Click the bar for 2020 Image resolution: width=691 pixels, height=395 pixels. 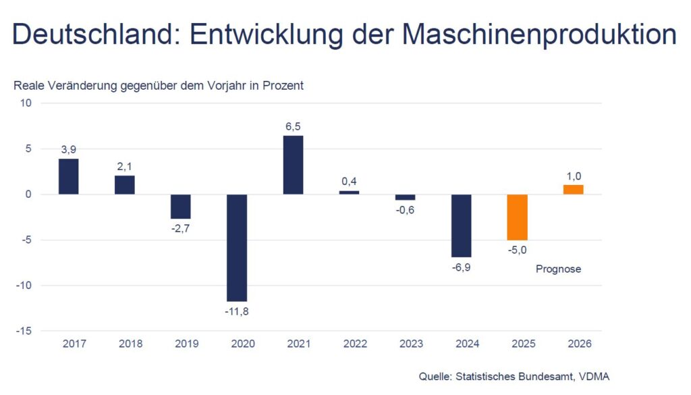(237, 247)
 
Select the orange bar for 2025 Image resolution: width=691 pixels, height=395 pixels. (518, 217)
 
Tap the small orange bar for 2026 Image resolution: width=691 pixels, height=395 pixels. (574, 190)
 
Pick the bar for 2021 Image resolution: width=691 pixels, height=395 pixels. (293, 165)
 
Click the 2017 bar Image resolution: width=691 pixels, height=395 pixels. (69, 176)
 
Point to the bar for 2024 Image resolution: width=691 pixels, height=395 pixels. (462, 226)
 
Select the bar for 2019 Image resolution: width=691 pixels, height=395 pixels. (181, 207)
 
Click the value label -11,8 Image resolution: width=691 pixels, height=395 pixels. (237, 311)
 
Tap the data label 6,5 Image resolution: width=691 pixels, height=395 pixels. (293, 126)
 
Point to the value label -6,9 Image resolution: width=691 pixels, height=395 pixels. (462, 267)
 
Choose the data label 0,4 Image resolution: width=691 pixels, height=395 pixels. (349, 181)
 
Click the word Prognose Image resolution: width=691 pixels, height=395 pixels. (558, 269)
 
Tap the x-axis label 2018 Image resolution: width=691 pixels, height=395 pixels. (130, 344)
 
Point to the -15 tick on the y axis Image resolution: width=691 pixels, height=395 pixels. (25, 331)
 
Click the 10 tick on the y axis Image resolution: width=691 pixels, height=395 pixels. (26, 103)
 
